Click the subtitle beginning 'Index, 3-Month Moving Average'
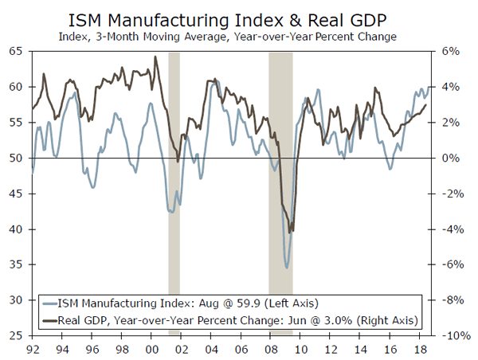click(x=239, y=36)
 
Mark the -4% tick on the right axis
click(x=451, y=229)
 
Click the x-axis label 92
click(x=33, y=348)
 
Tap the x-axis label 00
click(x=152, y=348)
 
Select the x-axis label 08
click(x=270, y=348)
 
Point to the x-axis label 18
click(x=417, y=348)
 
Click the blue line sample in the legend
click(x=53, y=303)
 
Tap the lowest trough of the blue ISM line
click(x=287, y=268)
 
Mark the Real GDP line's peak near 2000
click(x=155, y=57)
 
